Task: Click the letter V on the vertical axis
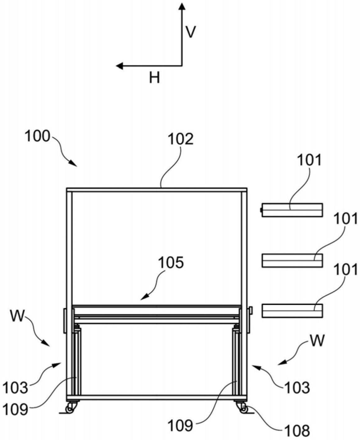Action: pos(191,32)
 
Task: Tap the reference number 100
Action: pos(38,136)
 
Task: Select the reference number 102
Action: pos(181,139)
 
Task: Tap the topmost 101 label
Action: pos(309,160)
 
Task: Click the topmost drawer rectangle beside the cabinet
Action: pos(292,210)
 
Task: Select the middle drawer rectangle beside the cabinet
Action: pos(292,260)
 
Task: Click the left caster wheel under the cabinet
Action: pos(70,409)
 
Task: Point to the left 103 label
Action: pos(15,388)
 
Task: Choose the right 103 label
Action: pos(297,387)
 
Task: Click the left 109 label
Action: pos(15,409)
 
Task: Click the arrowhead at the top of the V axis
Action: pos(182,6)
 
